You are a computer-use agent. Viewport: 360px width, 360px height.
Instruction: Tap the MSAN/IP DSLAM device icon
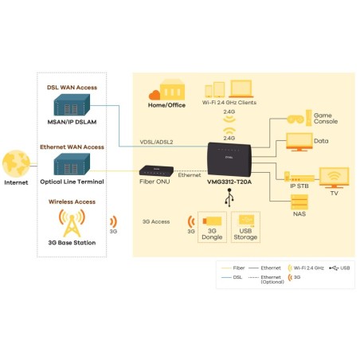pos(72,105)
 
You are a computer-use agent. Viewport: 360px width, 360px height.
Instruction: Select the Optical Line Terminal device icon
pos(72,165)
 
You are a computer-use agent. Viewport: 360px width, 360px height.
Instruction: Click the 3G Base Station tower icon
pos(72,225)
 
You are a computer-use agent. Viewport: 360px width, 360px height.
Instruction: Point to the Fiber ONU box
pos(155,170)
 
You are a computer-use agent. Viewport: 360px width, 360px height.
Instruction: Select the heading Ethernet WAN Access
pos(72,147)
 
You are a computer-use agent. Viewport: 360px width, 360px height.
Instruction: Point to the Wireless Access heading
pos(72,202)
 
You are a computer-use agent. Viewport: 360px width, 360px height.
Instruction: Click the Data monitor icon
pos(299,143)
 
